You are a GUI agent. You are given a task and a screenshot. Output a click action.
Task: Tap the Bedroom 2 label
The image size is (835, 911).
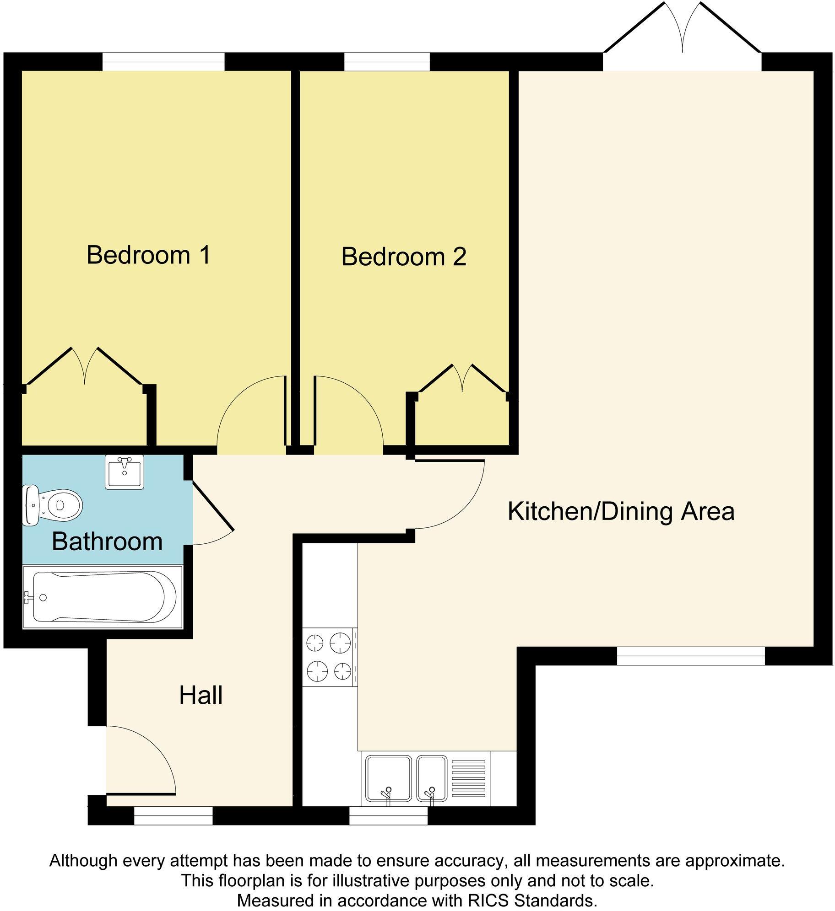click(x=403, y=257)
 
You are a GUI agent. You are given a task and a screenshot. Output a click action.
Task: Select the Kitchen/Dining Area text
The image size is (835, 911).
click(x=621, y=511)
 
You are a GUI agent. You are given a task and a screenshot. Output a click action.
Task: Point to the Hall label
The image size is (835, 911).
click(x=201, y=696)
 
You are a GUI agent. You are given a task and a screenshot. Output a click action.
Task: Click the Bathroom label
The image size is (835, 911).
click(x=107, y=541)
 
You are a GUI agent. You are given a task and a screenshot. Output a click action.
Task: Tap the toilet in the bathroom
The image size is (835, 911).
click(x=53, y=505)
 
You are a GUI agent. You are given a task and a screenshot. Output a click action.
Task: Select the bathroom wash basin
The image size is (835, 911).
click(x=124, y=472)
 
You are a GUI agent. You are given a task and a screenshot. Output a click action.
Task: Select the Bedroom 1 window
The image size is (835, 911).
click(x=163, y=61)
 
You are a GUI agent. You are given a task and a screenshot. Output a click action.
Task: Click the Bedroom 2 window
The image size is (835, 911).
click(x=387, y=61)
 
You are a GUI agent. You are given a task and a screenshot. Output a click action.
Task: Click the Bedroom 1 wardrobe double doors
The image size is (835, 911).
click(x=85, y=366)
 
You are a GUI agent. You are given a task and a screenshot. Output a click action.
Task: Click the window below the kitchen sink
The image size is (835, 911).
click(x=388, y=815)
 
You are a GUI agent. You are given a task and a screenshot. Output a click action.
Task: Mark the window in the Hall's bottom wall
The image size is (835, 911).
click(x=173, y=815)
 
